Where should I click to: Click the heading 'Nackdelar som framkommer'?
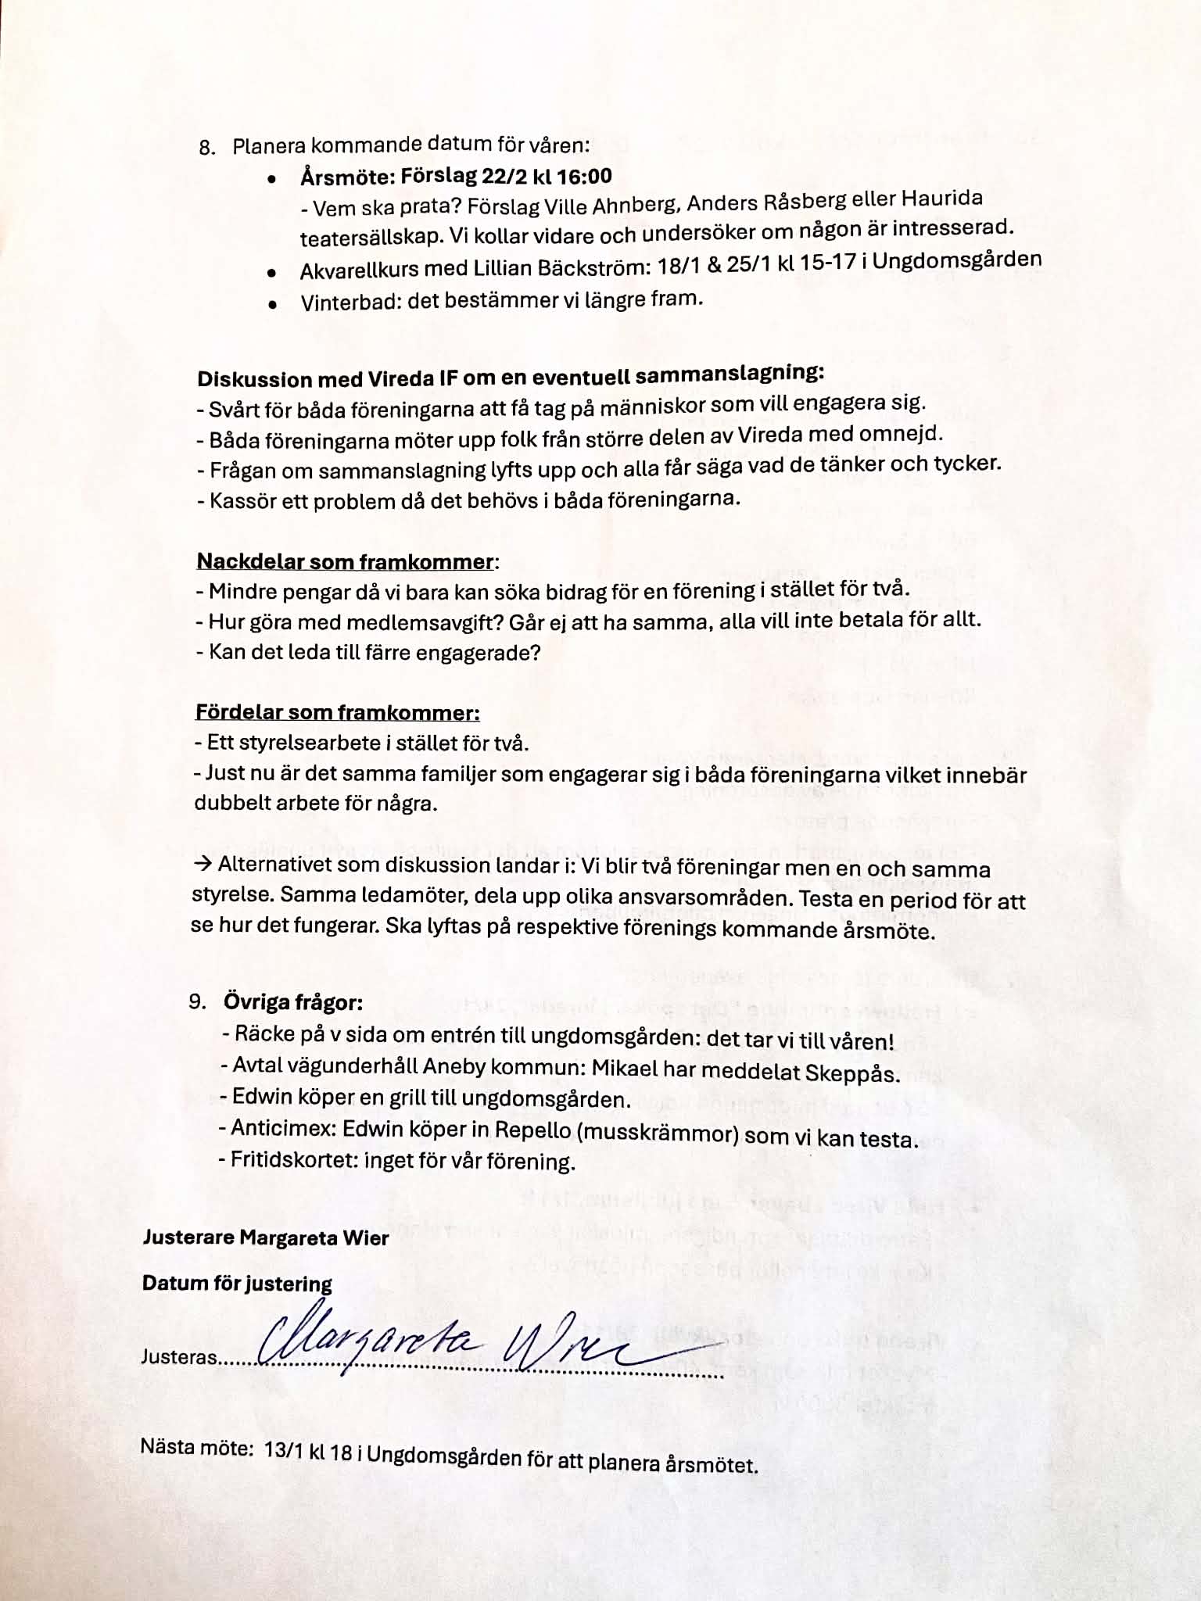pos(345,561)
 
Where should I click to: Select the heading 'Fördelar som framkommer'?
pos(337,712)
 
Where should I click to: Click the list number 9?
pos(198,1002)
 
